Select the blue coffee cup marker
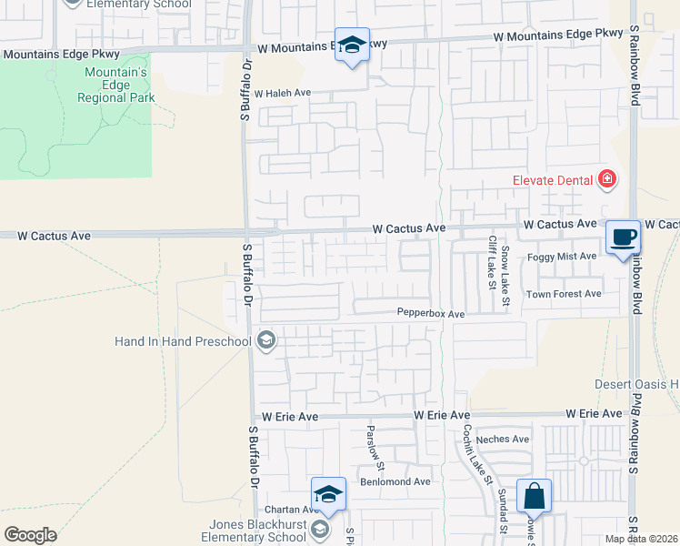point(624,238)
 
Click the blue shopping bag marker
point(535,497)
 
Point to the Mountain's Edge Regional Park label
point(116,85)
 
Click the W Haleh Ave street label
point(283,93)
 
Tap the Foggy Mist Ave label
point(562,257)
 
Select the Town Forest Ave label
point(564,294)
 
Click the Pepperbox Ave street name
point(431,313)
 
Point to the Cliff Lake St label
point(492,262)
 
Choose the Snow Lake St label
point(505,275)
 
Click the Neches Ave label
point(508,439)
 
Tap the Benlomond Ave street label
point(395,481)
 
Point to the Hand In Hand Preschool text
point(183,341)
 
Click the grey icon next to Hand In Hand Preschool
point(266,341)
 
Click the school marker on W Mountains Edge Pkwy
point(351,45)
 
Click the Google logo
point(30,535)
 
